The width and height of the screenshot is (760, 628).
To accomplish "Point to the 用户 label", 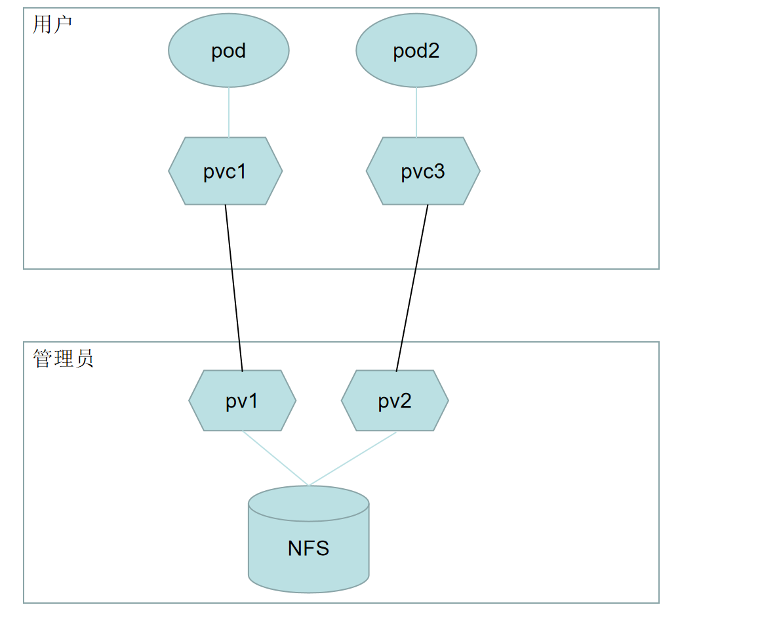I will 52,24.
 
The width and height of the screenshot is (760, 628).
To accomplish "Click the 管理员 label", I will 63,358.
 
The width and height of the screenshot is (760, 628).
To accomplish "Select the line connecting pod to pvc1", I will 229,112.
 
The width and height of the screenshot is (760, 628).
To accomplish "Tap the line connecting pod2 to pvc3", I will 416,112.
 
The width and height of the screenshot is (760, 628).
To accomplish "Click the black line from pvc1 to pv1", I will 234,289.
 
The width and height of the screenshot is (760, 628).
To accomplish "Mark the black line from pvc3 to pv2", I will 412,289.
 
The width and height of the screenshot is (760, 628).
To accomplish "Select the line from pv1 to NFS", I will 275,458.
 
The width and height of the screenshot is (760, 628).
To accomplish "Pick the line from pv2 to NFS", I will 352,458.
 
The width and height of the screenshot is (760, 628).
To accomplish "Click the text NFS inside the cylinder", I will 308,548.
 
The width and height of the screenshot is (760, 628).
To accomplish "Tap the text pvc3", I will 423,171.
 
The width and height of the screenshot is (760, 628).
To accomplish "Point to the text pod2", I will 416,51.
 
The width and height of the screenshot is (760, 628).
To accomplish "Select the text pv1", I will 242,401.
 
